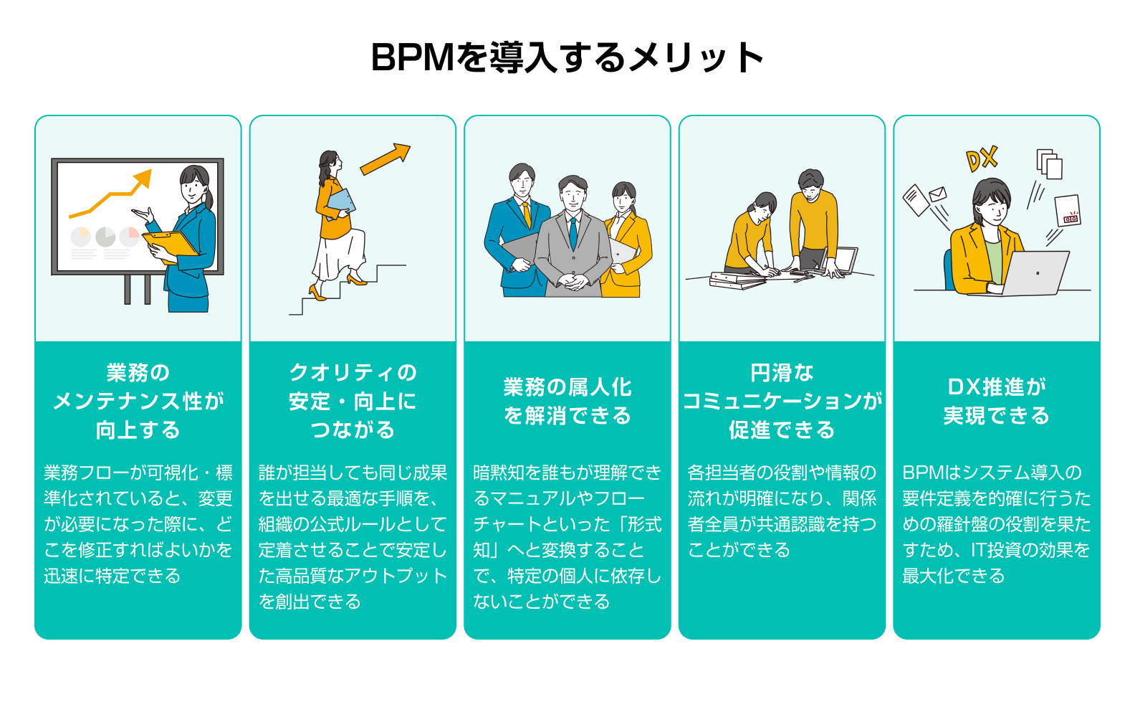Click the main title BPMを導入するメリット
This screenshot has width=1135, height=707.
pos(567,57)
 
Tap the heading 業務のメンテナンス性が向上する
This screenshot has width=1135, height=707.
pos(138,401)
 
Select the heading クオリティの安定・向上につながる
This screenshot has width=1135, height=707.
pos(353,401)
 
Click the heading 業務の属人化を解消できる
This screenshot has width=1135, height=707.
pos(567,401)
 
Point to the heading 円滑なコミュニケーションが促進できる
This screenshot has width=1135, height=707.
pos(782,401)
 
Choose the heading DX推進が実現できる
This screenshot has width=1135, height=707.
pos(996,401)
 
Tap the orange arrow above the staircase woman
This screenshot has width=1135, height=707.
pos(385,159)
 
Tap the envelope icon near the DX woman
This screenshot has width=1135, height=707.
pos(937,194)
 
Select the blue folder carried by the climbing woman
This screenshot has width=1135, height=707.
pos(342,201)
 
